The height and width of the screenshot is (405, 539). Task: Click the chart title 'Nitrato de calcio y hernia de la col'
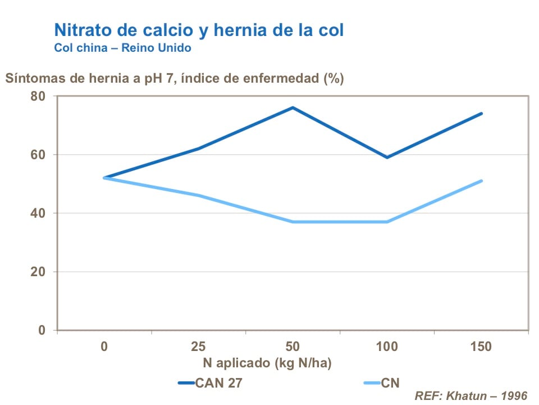click(x=199, y=30)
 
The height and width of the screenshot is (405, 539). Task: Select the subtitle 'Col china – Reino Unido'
click(x=122, y=48)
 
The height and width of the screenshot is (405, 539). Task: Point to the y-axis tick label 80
click(x=38, y=96)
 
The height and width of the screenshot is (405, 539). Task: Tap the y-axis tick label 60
click(x=38, y=155)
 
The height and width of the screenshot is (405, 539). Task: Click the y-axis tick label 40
click(x=38, y=213)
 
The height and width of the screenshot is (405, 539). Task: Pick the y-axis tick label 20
click(x=38, y=272)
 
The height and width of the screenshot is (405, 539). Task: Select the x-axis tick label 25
click(x=198, y=346)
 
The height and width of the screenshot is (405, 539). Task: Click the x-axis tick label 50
click(x=293, y=346)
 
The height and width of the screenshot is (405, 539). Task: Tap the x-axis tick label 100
click(x=387, y=346)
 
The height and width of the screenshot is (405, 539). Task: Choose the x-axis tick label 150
click(x=481, y=346)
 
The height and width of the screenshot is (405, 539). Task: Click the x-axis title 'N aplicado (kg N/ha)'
click(x=263, y=363)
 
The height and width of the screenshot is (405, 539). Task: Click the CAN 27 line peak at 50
click(x=293, y=107)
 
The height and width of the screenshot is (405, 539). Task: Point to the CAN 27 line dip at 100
click(x=387, y=157)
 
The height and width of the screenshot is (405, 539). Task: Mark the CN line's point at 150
click(x=481, y=181)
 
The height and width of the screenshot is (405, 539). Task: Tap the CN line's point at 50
click(x=293, y=222)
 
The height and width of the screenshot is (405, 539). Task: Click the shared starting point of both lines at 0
click(x=104, y=178)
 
